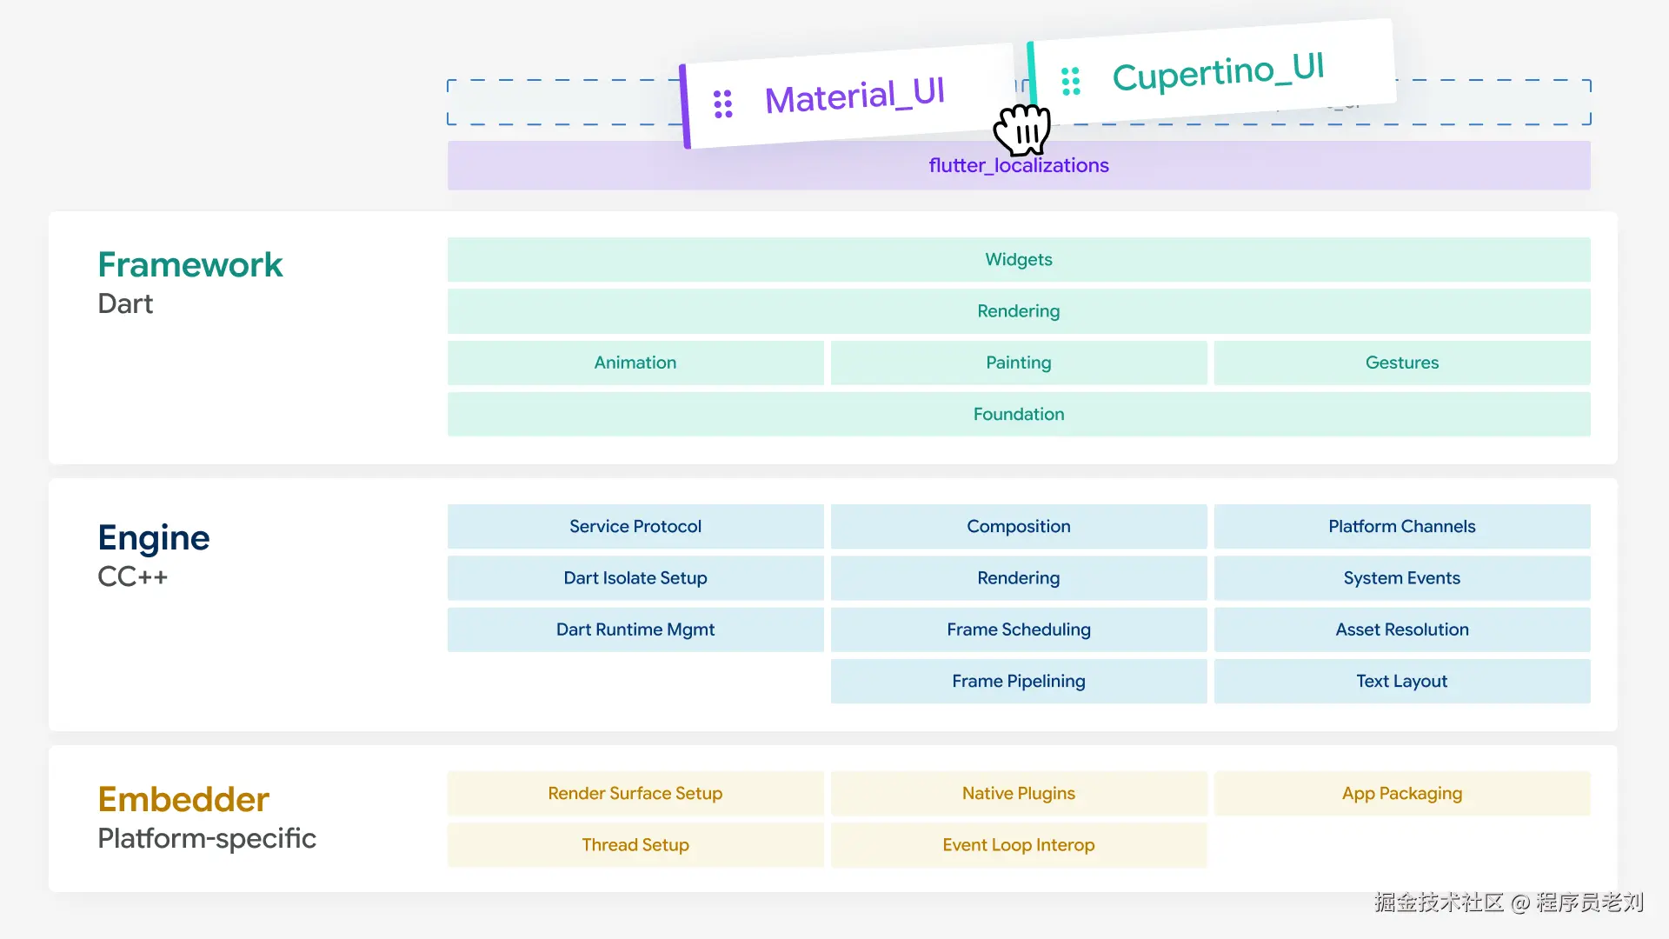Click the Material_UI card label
coord(854,95)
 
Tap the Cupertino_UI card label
coord(1218,71)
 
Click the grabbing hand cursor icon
coord(1022,130)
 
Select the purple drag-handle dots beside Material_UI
coord(723,103)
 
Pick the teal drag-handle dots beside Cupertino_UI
coord(1071,81)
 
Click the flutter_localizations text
coord(1019,165)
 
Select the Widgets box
coord(1019,259)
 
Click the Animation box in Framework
coord(635,363)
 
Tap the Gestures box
coord(1402,363)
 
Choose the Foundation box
coord(1019,414)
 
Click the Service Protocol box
coord(635,526)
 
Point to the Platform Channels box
coord(1402,526)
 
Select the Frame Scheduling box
coord(1019,629)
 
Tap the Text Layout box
coord(1402,681)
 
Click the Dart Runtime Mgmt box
coord(635,629)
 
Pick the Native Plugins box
coord(1019,793)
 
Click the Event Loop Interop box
coord(1019,844)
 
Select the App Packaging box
coord(1402,793)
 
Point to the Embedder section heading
coord(183,799)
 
